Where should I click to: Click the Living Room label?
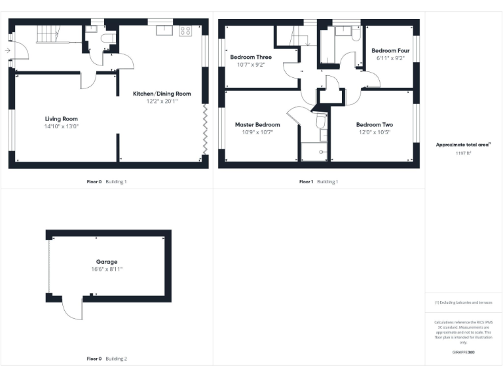click(x=61, y=118)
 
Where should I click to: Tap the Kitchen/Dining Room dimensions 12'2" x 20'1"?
click(x=162, y=102)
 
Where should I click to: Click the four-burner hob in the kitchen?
click(x=185, y=30)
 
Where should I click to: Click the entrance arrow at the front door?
click(x=7, y=50)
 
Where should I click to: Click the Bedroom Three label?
click(x=251, y=57)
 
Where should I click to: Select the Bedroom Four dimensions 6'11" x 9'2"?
click(x=390, y=58)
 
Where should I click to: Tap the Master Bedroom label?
click(x=257, y=124)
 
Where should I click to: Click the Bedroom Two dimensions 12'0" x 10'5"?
click(x=374, y=132)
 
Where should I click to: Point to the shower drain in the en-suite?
click(x=321, y=151)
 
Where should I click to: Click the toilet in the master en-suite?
click(x=321, y=122)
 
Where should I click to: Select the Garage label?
click(x=105, y=262)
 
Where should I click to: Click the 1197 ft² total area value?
click(x=463, y=153)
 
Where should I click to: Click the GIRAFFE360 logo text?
click(x=463, y=352)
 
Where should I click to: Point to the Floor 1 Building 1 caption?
click(x=318, y=181)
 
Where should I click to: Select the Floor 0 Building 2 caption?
click(x=107, y=359)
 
